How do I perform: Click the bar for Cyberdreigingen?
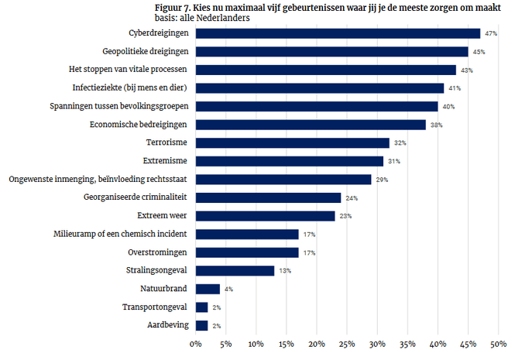[x=338, y=33]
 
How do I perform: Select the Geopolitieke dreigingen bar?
[x=331, y=52]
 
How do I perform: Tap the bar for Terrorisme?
[x=292, y=142]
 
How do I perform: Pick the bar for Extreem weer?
[x=265, y=216]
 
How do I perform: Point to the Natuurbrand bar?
[x=208, y=289]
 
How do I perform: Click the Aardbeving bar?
[x=201, y=325]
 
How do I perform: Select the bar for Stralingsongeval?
[x=235, y=270]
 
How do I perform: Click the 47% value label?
[x=491, y=34]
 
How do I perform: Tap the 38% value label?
[x=437, y=125]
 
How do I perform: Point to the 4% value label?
[x=228, y=290]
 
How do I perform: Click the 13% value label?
[x=286, y=271]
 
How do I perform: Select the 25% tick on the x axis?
[x=347, y=343]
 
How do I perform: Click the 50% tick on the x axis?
[x=498, y=343]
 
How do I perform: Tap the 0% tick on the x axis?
[x=196, y=343]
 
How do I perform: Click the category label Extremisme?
[x=166, y=161]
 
